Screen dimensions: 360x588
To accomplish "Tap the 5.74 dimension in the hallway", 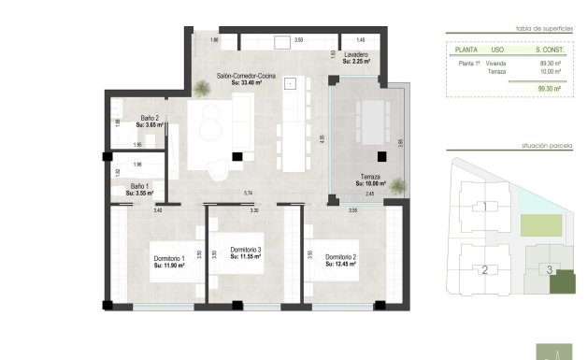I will (248, 193).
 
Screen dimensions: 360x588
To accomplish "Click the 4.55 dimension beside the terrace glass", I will (323, 137).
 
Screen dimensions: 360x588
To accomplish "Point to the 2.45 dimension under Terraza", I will (369, 194).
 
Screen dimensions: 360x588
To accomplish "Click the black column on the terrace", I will (380, 157).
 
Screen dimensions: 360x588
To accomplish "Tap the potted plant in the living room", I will (201, 89).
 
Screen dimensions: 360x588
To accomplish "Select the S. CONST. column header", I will (547, 50).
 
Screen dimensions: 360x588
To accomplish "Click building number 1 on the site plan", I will (484, 207).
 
